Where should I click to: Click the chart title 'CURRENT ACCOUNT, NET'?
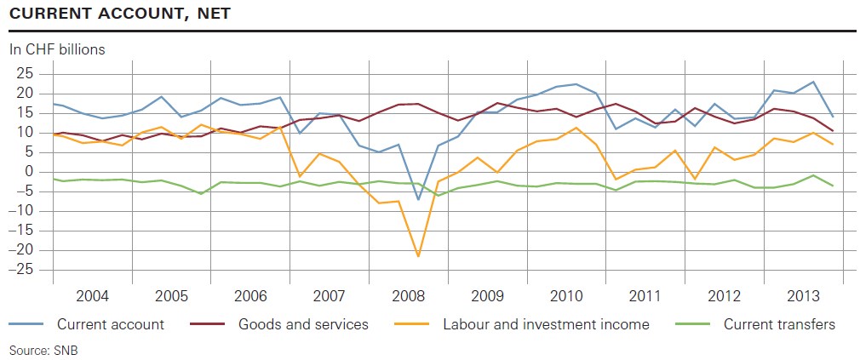pyautogui.click(x=119, y=14)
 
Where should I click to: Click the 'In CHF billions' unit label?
pyautogui.click(x=57, y=49)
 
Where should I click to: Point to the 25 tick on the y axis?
pyautogui.click(x=23, y=73)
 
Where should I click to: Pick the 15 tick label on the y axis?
pyautogui.click(x=23, y=112)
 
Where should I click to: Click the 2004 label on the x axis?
pyautogui.click(x=92, y=296)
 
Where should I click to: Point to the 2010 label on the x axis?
pyautogui.click(x=565, y=296)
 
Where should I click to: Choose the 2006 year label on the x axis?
pyautogui.click(x=249, y=296)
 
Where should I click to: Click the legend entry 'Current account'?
pyautogui.click(x=111, y=323)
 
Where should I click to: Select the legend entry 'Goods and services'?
pyautogui.click(x=303, y=323)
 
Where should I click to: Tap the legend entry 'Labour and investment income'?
pyautogui.click(x=546, y=323)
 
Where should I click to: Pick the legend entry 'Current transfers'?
pyautogui.click(x=779, y=323)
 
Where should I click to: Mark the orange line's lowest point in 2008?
pyautogui.click(x=418, y=255)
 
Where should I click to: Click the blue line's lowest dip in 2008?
pyautogui.click(x=418, y=200)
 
